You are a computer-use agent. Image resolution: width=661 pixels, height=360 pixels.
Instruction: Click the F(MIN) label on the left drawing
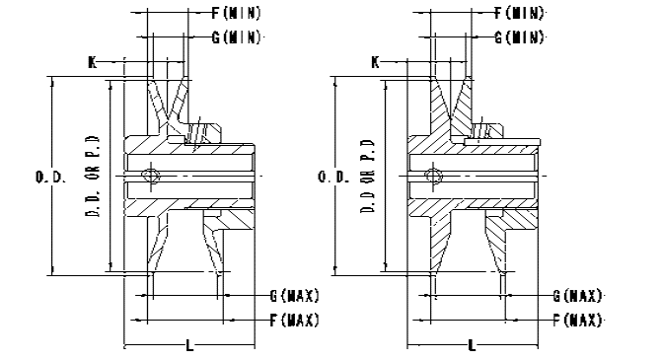click(x=237, y=13)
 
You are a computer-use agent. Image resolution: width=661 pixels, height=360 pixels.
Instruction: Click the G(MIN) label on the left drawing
click(x=237, y=37)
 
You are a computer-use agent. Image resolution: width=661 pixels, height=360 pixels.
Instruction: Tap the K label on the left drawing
click(x=93, y=62)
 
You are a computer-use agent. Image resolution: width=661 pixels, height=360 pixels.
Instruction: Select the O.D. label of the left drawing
click(x=50, y=177)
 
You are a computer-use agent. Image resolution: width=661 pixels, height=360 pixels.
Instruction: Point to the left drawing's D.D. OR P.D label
click(x=94, y=177)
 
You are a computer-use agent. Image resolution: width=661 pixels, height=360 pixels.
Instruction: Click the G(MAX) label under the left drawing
click(x=295, y=296)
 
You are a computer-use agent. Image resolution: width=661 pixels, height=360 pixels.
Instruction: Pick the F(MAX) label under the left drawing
click(x=295, y=321)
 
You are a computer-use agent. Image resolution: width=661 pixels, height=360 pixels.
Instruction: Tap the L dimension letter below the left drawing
click(x=189, y=346)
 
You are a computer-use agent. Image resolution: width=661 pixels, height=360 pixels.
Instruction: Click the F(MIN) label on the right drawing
click(x=519, y=13)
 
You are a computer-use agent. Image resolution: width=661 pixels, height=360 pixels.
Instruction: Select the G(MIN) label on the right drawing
click(x=519, y=37)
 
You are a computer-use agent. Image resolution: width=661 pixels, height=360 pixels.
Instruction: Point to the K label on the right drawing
click(x=375, y=62)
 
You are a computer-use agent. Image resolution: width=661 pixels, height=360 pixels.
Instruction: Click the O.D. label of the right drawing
click(x=333, y=177)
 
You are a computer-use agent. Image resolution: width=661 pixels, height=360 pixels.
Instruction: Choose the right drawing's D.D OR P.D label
click(x=368, y=177)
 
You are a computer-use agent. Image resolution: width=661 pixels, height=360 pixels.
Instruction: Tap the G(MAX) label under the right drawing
click(x=577, y=296)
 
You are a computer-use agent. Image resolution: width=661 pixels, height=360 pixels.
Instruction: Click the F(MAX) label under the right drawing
click(x=577, y=321)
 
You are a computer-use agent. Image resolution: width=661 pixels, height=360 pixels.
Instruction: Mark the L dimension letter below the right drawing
click(x=473, y=346)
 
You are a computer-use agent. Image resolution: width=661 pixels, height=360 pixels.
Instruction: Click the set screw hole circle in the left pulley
click(x=151, y=175)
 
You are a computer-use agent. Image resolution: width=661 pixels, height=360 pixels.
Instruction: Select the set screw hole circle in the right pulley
click(x=433, y=175)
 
